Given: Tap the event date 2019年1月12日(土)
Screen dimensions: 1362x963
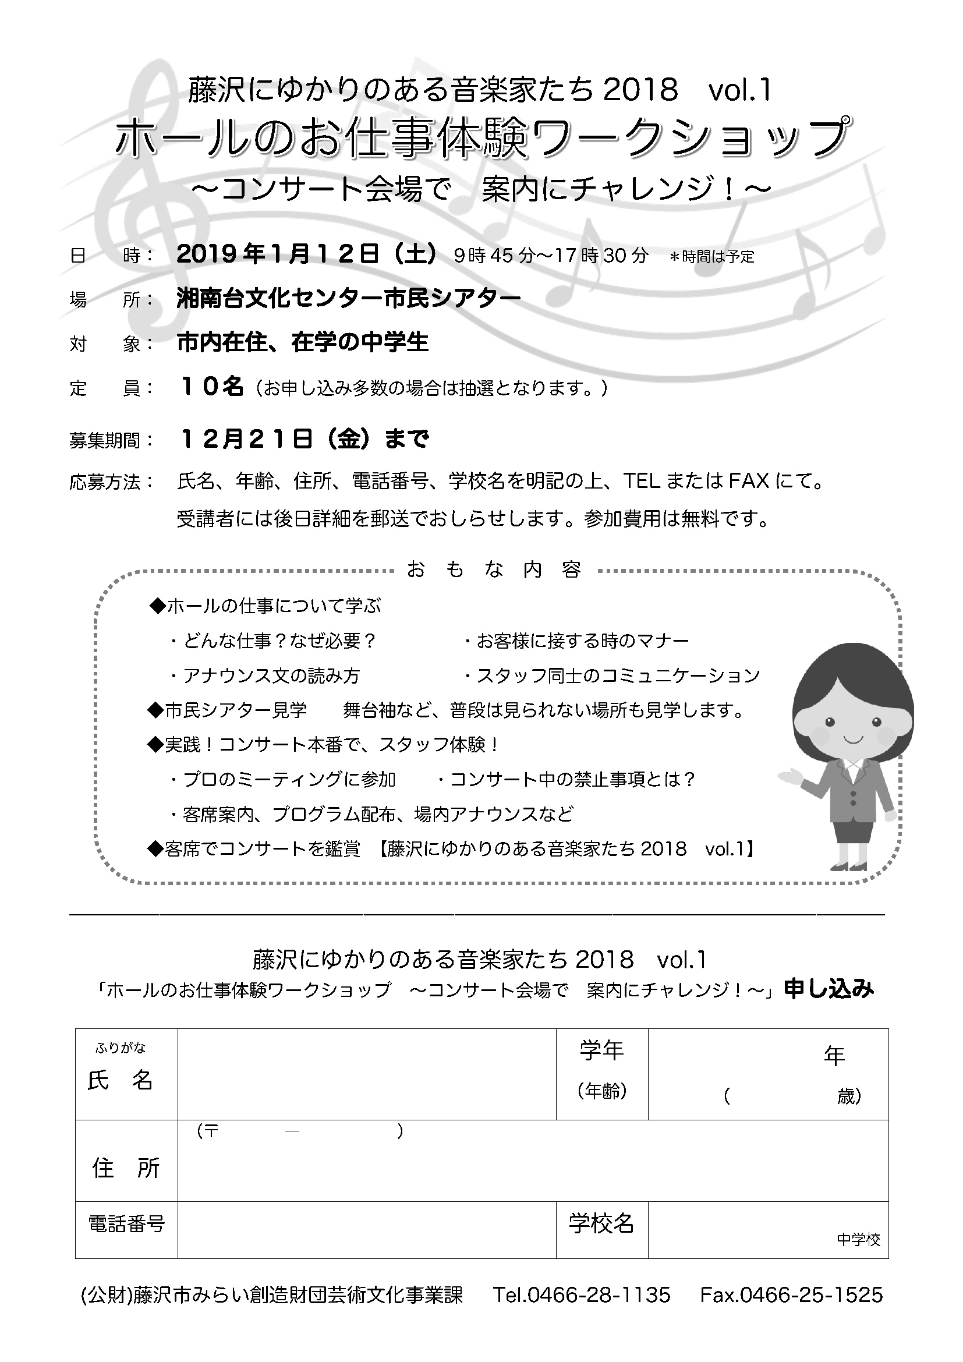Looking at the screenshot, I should tap(307, 254).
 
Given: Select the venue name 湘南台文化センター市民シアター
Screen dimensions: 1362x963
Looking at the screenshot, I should tap(349, 298).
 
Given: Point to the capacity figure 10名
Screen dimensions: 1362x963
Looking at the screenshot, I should tap(211, 387).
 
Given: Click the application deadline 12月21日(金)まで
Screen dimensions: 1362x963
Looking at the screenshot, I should tap(304, 439).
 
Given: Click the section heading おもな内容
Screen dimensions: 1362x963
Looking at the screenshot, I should tap(494, 570).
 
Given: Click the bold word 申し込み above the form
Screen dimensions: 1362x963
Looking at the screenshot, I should tap(829, 989).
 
